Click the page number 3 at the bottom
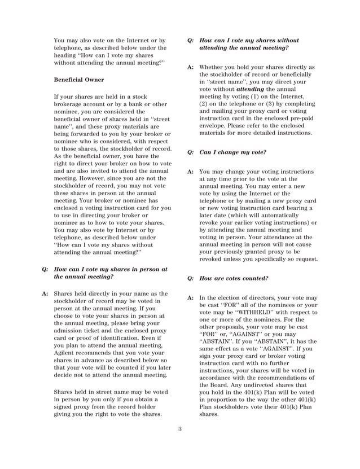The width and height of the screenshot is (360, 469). [x=180, y=429]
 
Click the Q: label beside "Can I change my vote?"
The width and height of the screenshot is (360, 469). [x=191, y=152]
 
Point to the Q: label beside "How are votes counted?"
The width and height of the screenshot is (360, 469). [x=191, y=278]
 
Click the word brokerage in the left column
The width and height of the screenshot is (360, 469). [x=72, y=104]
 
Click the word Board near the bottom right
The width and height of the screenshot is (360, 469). [x=224, y=384]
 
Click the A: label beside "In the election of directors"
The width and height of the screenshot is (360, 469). [x=191, y=297]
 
